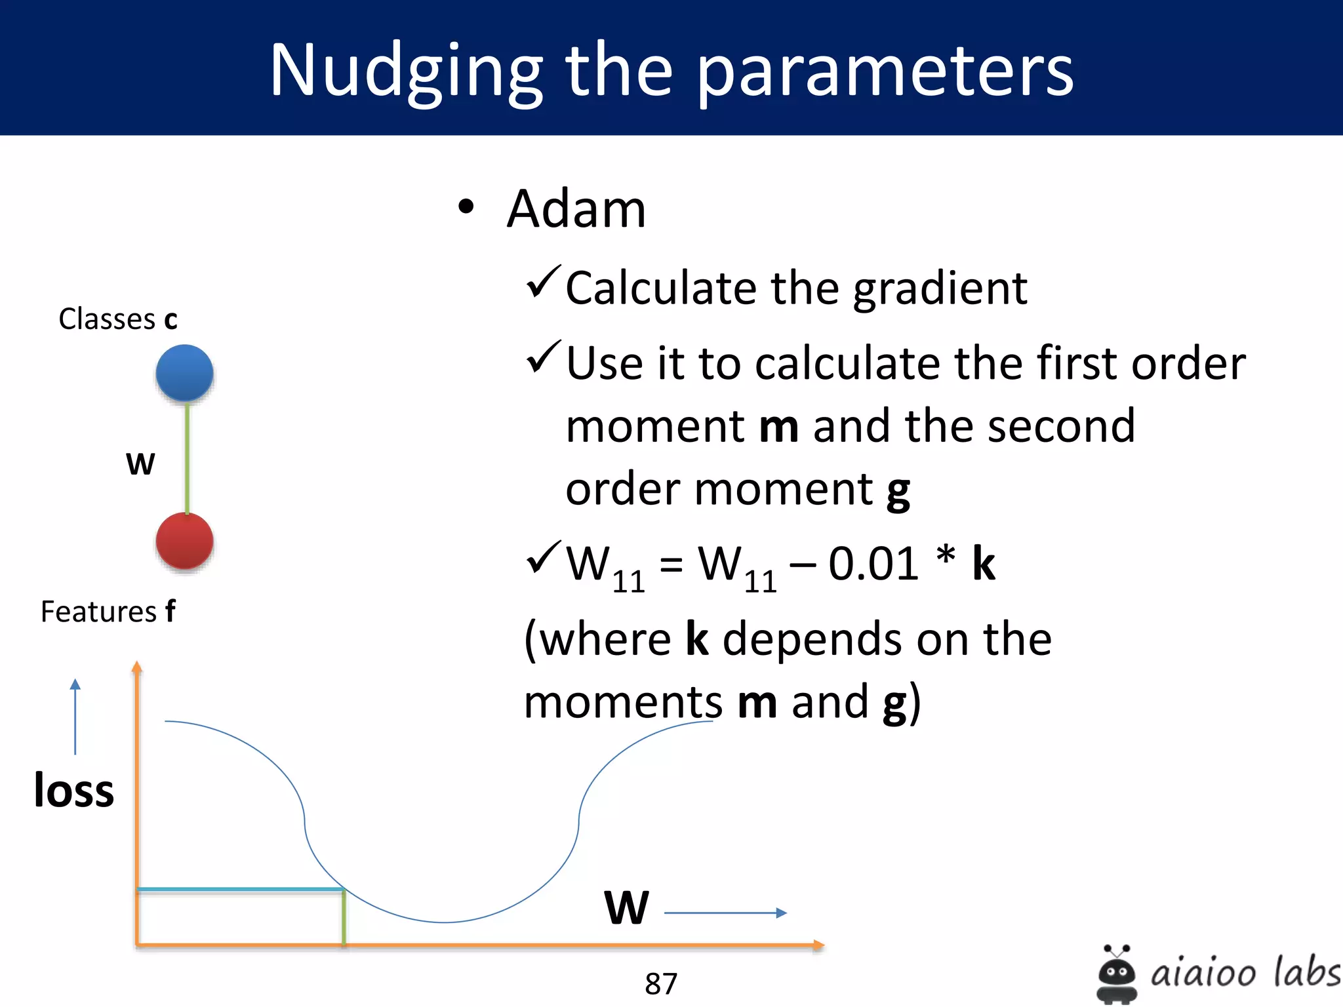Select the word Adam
click(576, 210)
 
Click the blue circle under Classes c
click(184, 373)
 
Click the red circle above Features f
click(184, 541)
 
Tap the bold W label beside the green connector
click(140, 464)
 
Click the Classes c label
click(118, 319)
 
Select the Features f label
click(108, 612)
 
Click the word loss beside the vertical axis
click(74, 791)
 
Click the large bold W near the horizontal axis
click(626, 908)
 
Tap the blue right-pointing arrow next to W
click(725, 913)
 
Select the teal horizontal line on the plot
click(240, 890)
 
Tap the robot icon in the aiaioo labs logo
click(1116, 974)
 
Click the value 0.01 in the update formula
click(873, 564)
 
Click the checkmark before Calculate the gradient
click(543, 282)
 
